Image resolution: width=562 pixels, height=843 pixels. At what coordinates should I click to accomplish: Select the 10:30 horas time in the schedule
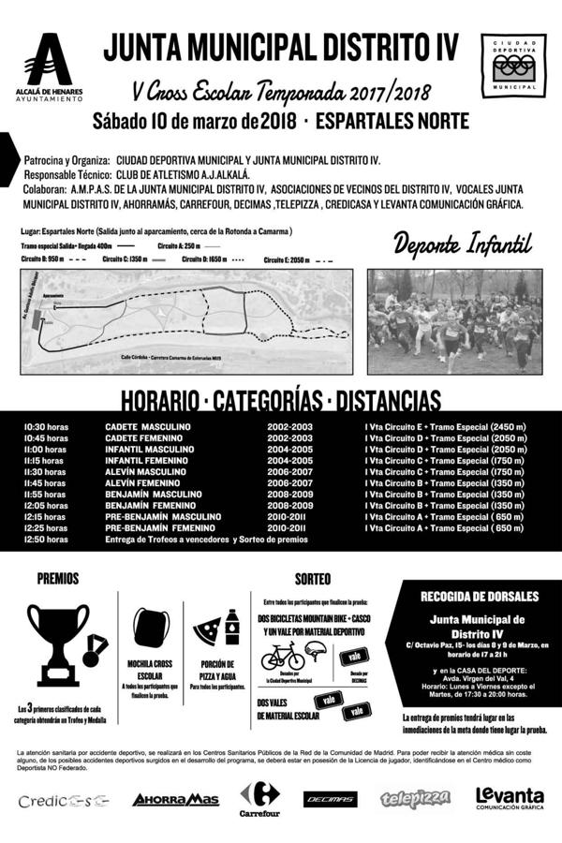(46, 427)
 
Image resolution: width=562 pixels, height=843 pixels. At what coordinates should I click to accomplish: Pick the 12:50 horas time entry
(46, 540)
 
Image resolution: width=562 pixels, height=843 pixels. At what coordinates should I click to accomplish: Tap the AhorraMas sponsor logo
(175, 799)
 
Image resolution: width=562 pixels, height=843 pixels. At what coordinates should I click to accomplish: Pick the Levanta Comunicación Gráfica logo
(509, 797)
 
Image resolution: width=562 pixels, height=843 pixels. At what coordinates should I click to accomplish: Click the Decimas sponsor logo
(330, 799)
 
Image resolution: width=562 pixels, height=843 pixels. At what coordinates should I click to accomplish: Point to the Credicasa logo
(63, 800)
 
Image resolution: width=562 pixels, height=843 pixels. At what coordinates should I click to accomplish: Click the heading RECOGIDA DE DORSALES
(479, 596)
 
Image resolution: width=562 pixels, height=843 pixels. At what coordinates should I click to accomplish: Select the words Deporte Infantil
(462, 245)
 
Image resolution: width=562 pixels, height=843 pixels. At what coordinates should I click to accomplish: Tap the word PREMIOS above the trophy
(58, 579)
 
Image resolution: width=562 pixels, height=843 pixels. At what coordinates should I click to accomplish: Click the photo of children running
(453, 321)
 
